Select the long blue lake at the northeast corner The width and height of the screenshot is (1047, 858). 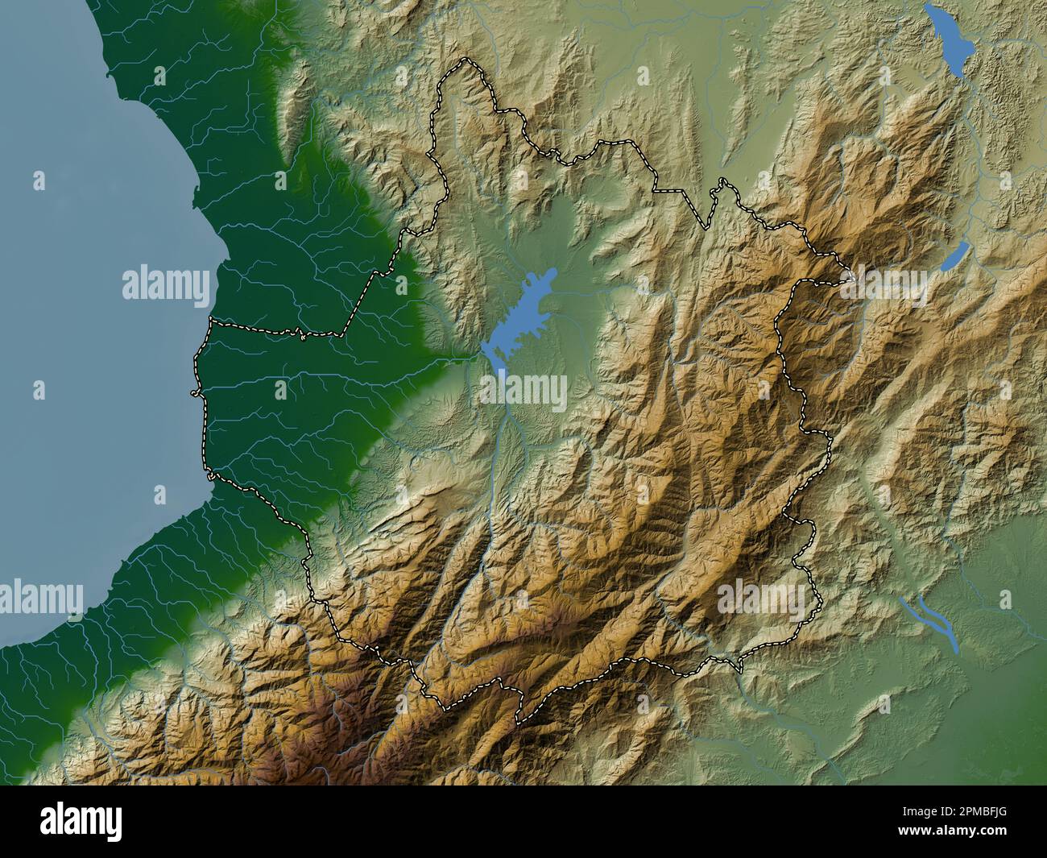point(948,40)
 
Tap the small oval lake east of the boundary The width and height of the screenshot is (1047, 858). point(956,256)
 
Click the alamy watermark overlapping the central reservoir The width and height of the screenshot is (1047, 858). point(523,391)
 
